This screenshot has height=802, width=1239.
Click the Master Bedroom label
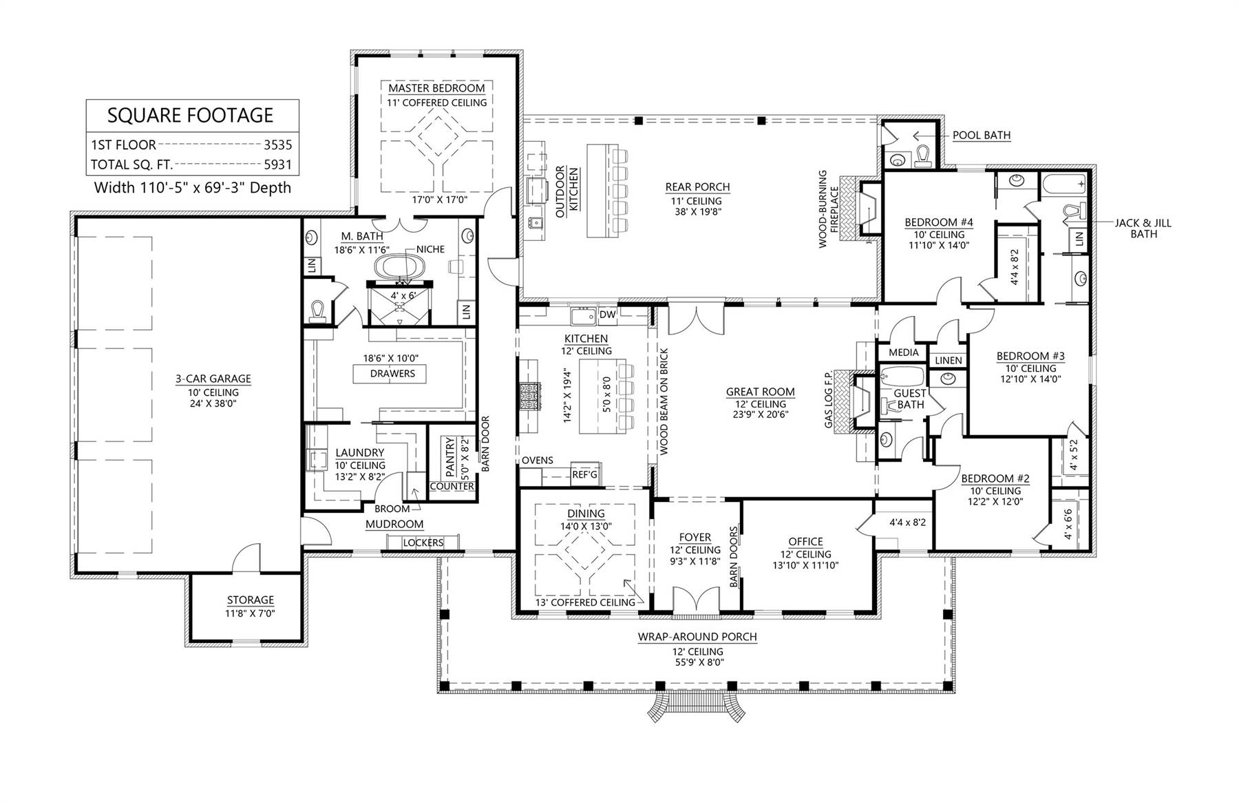[436, 88]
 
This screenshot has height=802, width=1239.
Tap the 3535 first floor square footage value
[277, 145]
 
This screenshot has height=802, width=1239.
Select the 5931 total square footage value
[277, 165]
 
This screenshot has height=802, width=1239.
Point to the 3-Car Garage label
[213, 379]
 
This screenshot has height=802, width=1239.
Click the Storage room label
[251, 600]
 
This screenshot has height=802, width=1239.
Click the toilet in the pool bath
[924, 156]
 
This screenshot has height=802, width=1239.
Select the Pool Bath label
[982, 135]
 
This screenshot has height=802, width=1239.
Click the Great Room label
[760, 392]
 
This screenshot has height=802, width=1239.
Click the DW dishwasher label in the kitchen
[607, 315]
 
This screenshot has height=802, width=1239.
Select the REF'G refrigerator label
[584, 474]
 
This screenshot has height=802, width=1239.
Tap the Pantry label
[449, 457]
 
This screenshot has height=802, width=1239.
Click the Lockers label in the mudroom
[423, 542]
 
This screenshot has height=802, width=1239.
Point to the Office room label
[805, 542]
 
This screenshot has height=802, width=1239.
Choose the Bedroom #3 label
[1030, 356]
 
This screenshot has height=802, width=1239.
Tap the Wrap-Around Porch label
[697, 637]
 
